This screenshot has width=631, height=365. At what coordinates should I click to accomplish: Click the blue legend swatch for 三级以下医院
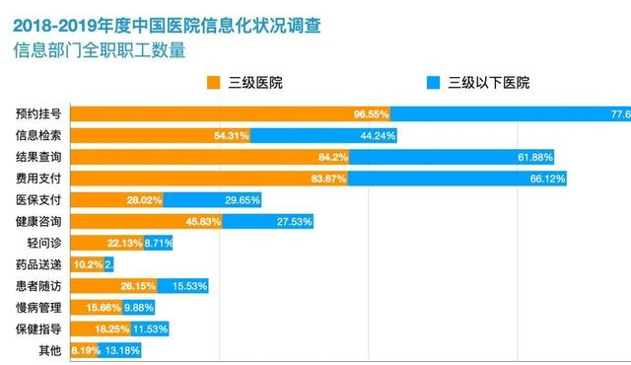pos(432,82)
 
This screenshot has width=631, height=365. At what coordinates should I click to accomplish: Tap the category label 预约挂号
pos(38,113)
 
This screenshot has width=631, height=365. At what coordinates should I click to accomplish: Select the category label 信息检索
pos(38,135)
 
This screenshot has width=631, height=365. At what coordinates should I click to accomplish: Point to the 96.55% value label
pos(372,113)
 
